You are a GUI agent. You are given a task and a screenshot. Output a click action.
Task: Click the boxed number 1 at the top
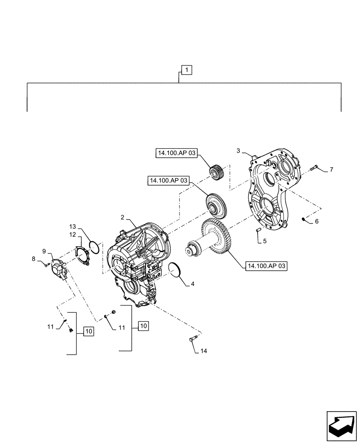click(187, 70)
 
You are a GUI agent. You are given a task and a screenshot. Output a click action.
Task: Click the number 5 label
click(264, 241)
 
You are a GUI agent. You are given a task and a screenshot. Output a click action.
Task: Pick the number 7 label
click(331, 170)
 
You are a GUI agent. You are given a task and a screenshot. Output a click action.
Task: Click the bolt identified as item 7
click(315, 167)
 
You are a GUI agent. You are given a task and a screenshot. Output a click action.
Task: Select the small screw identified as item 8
click(47, 264)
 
